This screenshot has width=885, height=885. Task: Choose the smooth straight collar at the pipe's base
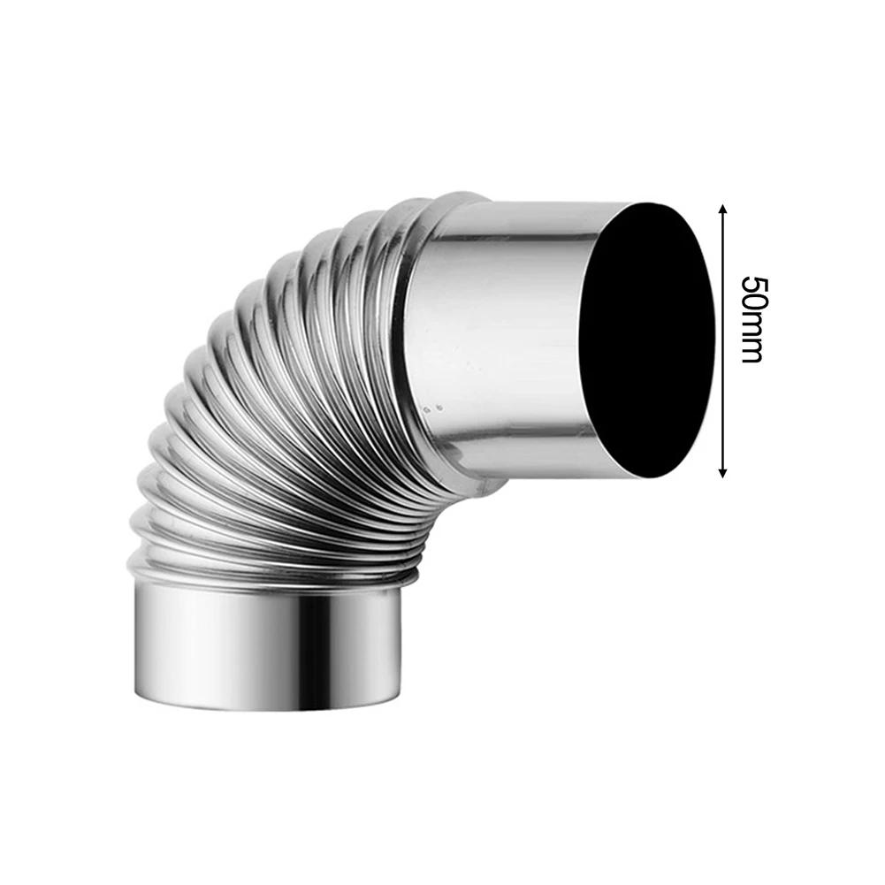pos(265,645)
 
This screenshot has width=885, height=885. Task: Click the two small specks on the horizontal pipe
pos(434,408)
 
